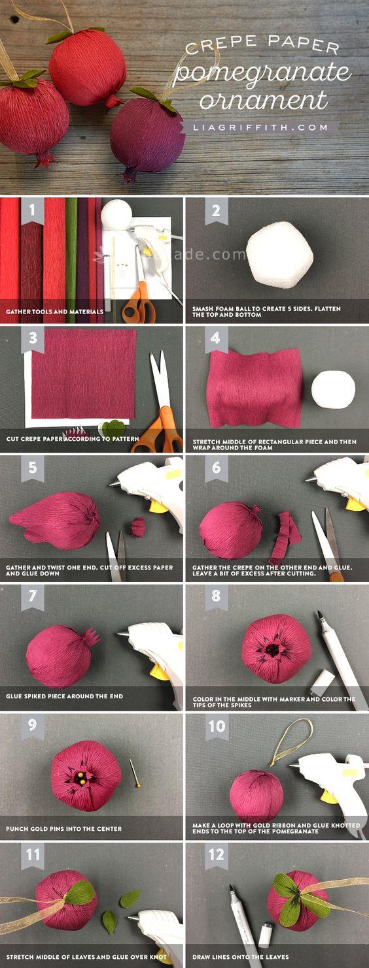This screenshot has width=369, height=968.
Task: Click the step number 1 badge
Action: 33,210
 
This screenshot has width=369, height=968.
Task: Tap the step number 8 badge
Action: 216,596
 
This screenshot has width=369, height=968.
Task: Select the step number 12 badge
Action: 216,855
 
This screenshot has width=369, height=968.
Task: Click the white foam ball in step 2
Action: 279,255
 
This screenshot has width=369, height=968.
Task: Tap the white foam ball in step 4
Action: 333,389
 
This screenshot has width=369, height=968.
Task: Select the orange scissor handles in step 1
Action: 139,304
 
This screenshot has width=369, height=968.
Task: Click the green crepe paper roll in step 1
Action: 71,259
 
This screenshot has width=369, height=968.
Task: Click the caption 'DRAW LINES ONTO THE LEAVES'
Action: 240,957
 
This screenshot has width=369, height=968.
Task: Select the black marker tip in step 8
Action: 320,615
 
